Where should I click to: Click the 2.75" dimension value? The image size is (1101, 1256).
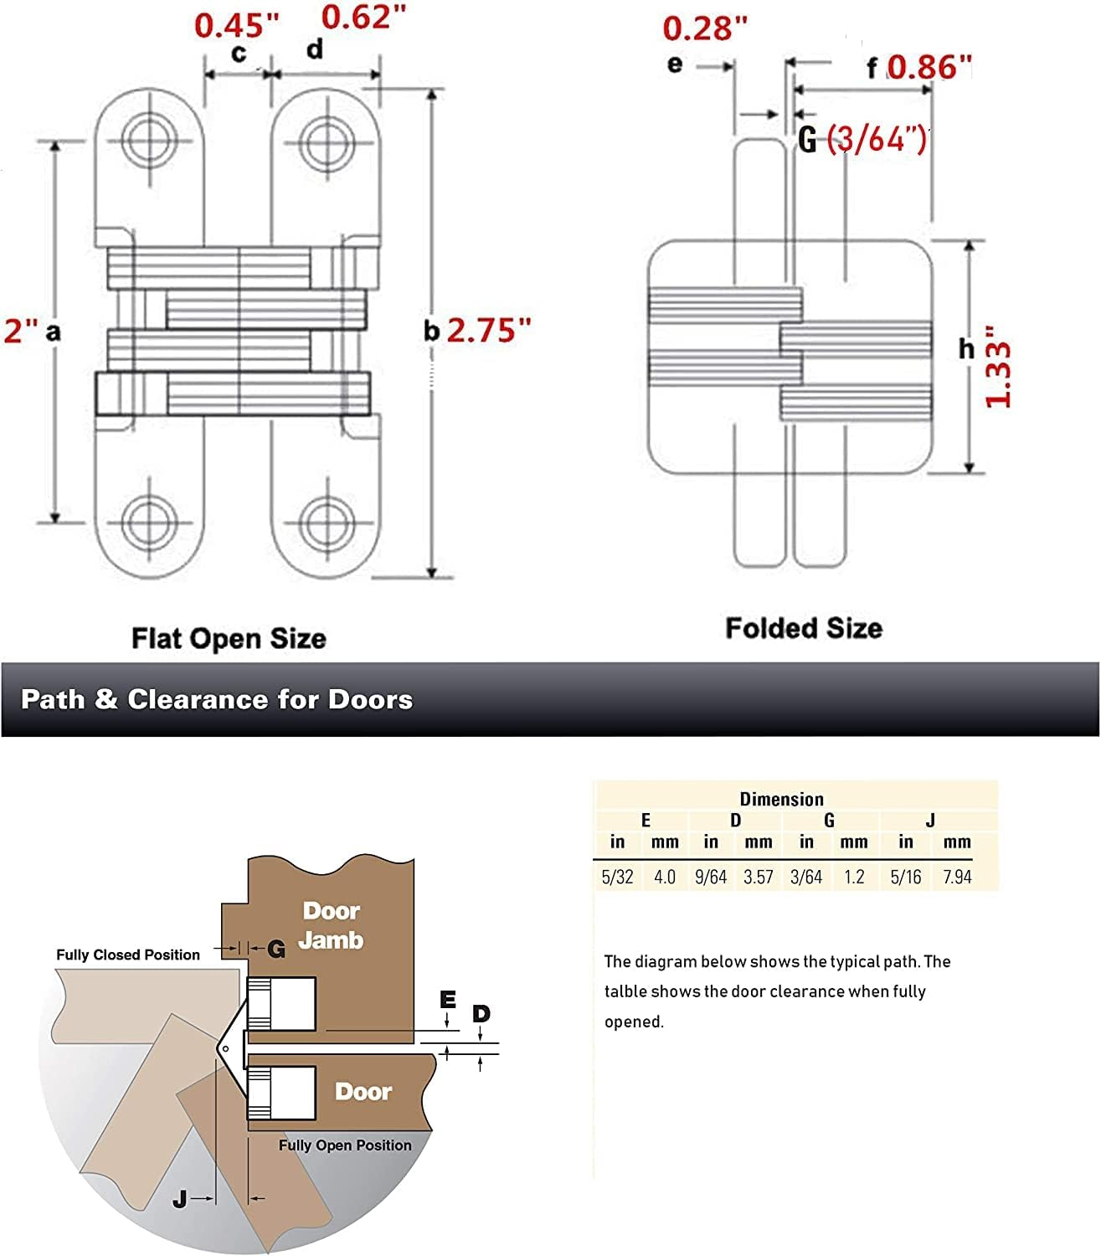[489, 331]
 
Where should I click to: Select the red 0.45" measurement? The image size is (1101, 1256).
[236, 25]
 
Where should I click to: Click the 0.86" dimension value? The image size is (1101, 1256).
[929, 67]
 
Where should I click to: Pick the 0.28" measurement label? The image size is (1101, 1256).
[704, 28]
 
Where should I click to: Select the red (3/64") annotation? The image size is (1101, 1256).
[877, 138]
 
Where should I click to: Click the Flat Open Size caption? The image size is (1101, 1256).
[229, 639]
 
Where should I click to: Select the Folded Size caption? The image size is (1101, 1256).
[803, 628]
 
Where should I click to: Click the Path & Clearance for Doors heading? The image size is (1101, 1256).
[217, 699]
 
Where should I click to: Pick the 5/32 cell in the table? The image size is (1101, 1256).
[617, 877]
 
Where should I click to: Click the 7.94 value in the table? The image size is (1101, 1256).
[956, 877]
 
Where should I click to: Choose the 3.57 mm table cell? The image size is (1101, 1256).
[758, 877]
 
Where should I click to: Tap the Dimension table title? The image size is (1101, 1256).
[781, 799]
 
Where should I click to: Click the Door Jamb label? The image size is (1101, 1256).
[332, 925]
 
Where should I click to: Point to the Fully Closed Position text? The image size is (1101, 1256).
[128, 955]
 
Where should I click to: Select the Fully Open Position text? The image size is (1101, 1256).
[345, 1145]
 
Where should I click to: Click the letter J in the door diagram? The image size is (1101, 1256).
[180, 1199]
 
